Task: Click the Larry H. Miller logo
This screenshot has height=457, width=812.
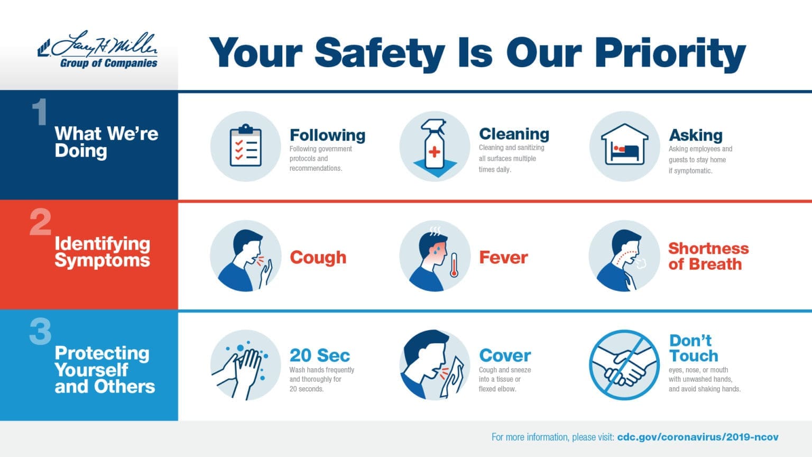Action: tap(98, 51)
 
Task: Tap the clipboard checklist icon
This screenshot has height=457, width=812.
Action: tap(246, 146)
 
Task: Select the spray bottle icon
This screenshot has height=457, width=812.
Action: tap(435, 147)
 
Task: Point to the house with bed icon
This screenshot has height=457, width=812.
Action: tap(624, 146)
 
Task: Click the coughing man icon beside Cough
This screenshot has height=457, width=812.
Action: tap(246, 256)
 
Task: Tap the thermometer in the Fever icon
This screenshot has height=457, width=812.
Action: tap(454, 265)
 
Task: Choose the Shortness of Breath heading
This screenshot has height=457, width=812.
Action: tap(708, 256)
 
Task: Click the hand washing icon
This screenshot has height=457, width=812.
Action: tap(246, 365)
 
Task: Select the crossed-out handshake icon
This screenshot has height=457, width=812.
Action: tap(624, 365)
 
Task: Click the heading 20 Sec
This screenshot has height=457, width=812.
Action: tap(319, 355)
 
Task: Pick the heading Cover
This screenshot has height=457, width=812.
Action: tap(504, 355)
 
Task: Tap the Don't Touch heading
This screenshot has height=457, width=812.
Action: tap(693, 348)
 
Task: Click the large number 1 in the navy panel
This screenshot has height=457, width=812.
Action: tap(39, 112)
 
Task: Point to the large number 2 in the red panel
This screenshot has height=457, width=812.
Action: tap(40, 222)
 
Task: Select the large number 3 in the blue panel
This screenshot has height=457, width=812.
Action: tap(40, 332)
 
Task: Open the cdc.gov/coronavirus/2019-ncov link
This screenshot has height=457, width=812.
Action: tap(697, 437)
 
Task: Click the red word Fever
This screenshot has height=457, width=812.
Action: tap(503, 258)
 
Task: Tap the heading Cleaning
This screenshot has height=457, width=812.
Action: tap(513, 134)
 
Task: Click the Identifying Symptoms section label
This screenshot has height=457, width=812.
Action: tap(102, 252)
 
